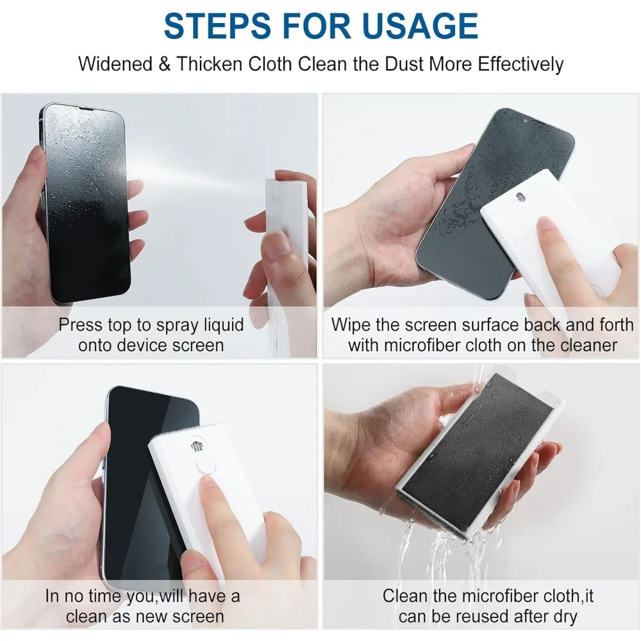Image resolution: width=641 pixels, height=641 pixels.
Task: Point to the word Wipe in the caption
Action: point(351,324)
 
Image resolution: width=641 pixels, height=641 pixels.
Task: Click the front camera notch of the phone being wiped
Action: point(526,120)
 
